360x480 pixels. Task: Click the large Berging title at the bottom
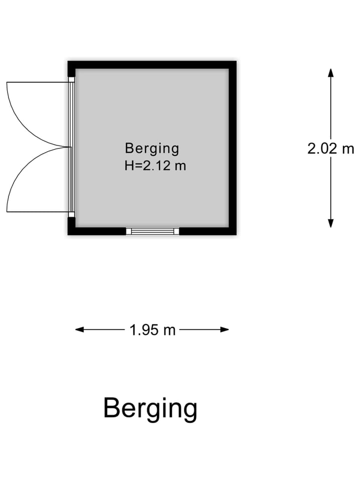click(150, 409)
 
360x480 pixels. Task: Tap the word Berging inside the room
click(152, 149)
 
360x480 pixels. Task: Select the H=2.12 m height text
click(155, 166)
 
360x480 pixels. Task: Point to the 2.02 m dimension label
click(330, 149)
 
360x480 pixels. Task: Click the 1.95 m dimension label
click(152, 330)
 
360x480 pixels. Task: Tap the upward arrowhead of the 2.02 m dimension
click(330, 73)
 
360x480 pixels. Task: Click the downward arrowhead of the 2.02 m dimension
click(330, 223)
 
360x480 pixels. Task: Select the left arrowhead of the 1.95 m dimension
click(80, 329)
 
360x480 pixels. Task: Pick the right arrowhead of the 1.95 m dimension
click(224, 329)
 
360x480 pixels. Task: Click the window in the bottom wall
click(152, 231)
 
